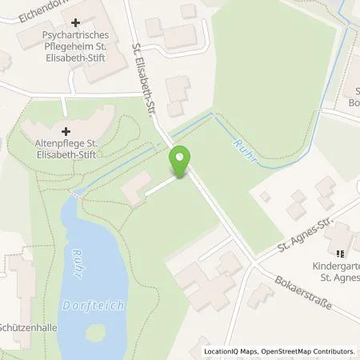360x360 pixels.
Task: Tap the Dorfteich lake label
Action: [x=84, y=305]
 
